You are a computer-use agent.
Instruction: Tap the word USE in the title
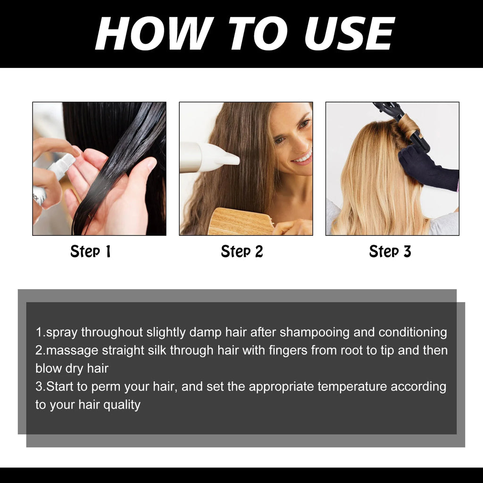(350, 33)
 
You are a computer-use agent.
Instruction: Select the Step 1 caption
(91, 251)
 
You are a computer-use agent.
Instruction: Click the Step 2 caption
(242, 251)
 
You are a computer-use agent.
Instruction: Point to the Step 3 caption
(390, 251)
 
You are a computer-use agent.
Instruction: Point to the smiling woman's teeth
(303, 158)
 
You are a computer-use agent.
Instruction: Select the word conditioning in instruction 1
(412, 333)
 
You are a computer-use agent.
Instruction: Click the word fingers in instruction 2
(288, 351)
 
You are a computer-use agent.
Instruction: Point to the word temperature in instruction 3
(352, 387)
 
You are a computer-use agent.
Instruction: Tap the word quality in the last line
(122, 405)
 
